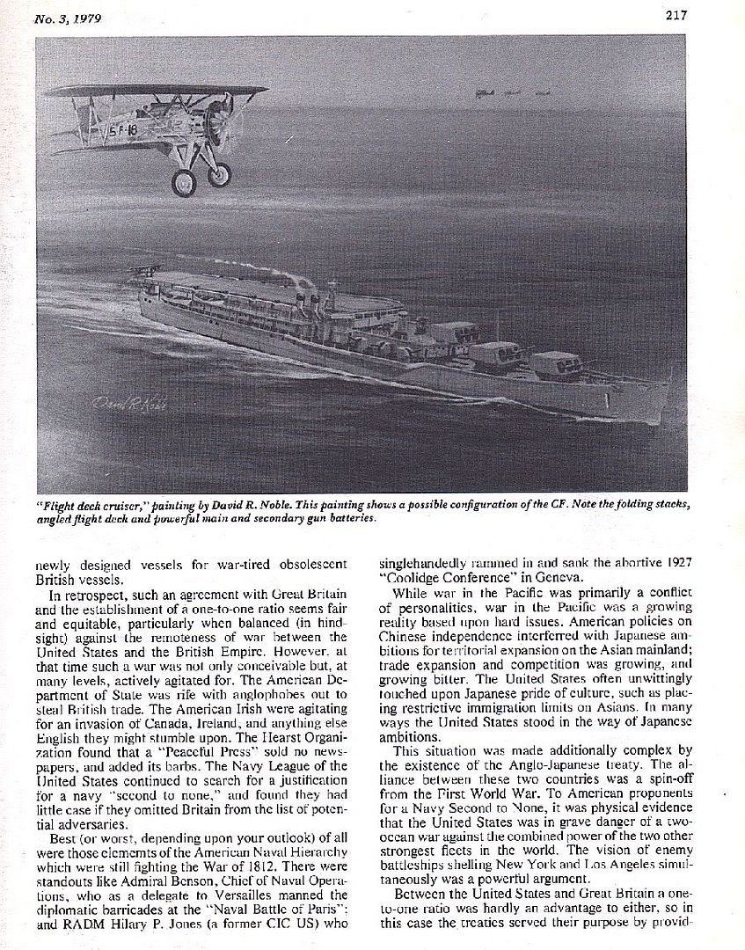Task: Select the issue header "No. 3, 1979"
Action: (67, 18)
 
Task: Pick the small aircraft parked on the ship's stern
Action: (140, 271)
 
